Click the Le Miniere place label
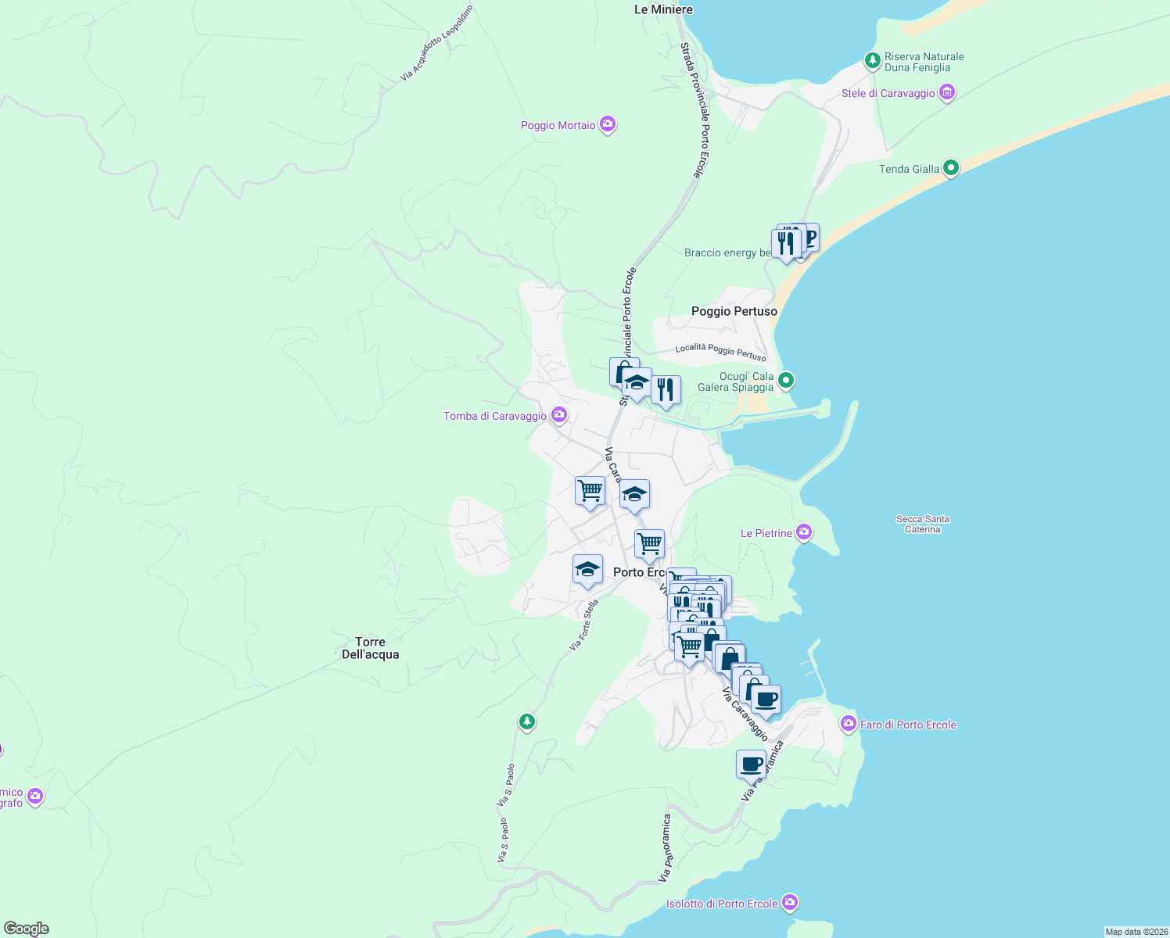(x=663, y=9)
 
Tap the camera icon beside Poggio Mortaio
(x=608, y=125)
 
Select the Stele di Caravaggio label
(x=888, y=94)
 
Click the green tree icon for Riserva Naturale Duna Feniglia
(x=872, y=60)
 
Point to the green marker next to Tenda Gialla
(x=951, y=168)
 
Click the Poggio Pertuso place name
(x=734, y=311)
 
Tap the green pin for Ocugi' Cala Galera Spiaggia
(x=786, y=381)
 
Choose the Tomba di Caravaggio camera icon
(x=558, y=415)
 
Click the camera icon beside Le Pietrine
(x=803, y=533)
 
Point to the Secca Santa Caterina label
(x=923, y=524)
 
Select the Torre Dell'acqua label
(x=371, y=648)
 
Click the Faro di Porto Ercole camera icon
(x=848, y=724)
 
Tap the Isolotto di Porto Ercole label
(x=721, y=904)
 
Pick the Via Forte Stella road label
(x=583, y=625)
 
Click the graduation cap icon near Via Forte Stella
(x=587, y=570)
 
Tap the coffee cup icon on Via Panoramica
(x=751, y=764)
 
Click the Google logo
(x=27, y=929)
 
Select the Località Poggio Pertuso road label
(x=720, y=351)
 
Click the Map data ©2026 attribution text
(x=1136, y=932)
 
